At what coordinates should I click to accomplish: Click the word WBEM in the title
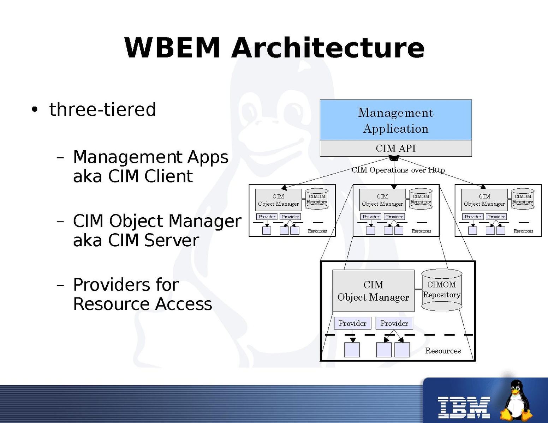tap(172, 48)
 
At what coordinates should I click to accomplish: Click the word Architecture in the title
tap(328, 48)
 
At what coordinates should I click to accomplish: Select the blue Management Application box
tap(395, 120)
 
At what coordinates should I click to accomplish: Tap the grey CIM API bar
tap(395, 149)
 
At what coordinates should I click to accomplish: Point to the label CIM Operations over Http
tap(398, 170)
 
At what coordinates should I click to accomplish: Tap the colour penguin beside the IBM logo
tap(517, 400)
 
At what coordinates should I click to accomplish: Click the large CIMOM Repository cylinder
tap(442, 290)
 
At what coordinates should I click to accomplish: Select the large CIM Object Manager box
tap(373, 291)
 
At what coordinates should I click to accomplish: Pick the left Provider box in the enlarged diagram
tap(352, 323)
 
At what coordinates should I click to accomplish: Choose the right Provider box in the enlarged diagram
tap(394, 323)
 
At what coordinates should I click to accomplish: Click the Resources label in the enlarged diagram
tap(443, 351)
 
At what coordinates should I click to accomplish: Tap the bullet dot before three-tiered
tap(34, 109)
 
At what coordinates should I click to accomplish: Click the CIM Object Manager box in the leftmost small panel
tap(278, 200)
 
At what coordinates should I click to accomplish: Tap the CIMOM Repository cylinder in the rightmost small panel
tap(523, 199)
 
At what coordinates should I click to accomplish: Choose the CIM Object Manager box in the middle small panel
tap(382, 200)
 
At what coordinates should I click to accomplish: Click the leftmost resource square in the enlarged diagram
tap(352, 350)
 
